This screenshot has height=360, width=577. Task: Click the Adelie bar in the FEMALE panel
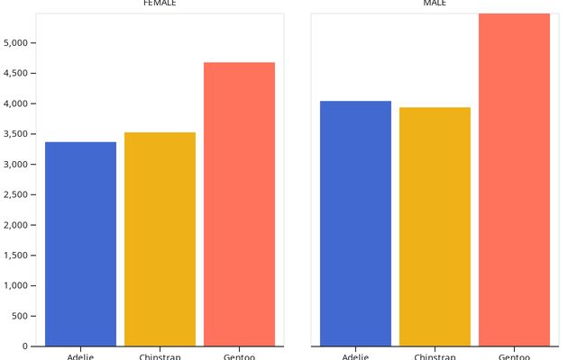(x=80, y=244)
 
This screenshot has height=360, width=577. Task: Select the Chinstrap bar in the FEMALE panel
(x=160, y=239)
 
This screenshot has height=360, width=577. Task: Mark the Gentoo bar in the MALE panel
(x=514, y=180)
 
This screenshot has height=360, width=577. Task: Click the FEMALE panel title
(x=160, y=4)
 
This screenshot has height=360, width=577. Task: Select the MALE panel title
(x=435, y=4)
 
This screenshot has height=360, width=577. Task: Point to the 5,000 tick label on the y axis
(x=19, y=43)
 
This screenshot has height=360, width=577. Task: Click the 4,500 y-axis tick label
(x=19, y=74)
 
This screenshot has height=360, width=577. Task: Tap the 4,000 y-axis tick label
(x=19, y=103)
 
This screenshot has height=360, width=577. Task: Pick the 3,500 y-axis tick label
(x=19, y=134)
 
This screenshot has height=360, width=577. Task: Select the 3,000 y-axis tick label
(x=19, y=165)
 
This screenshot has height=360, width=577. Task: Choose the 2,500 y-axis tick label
(x=19, y=194)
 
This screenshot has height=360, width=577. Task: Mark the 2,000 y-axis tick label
(x=19, y=225)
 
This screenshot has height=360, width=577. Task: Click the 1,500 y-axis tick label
(x=19, y=256)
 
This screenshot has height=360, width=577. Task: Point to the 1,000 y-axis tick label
(x=19, y=286)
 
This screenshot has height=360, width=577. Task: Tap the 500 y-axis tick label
(x=23, y=316)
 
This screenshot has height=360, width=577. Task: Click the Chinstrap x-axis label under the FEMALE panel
(x=160, y=356)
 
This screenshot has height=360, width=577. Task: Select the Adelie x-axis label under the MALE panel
(x=355, y=356)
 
